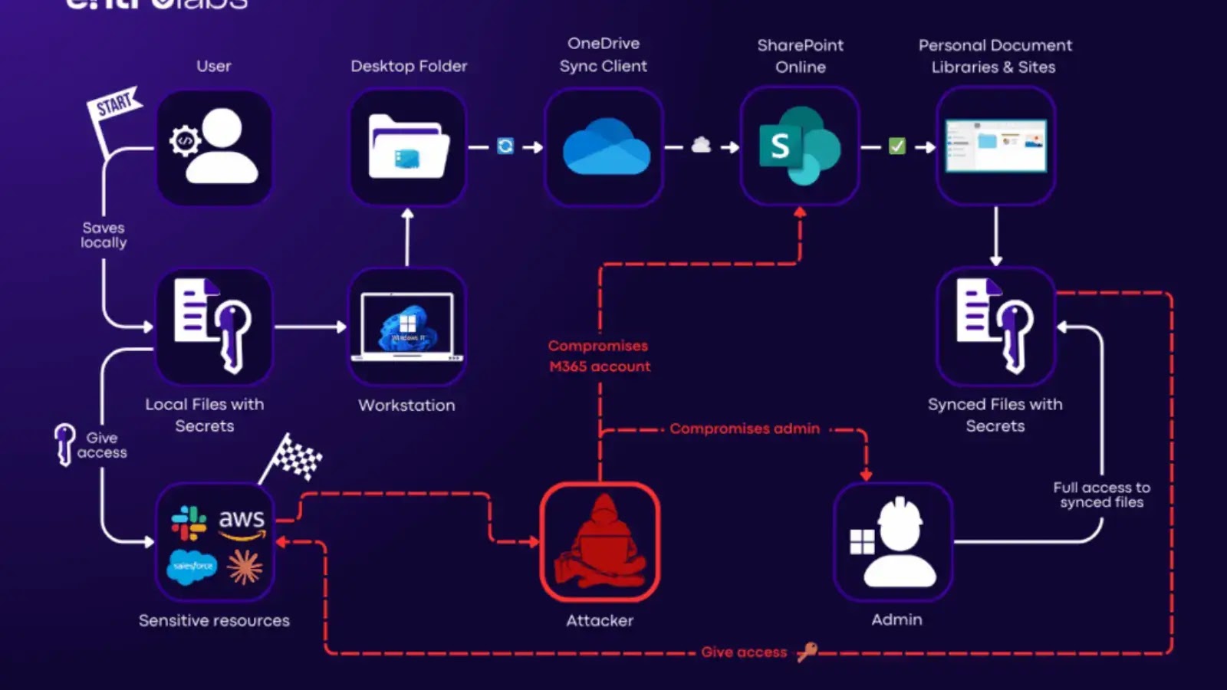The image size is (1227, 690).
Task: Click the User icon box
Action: coord(215,147)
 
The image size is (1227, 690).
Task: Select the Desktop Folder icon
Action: coord(408,147)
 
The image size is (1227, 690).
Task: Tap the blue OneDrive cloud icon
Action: coord(605,147)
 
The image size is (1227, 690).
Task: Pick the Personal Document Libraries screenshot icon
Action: coord(995,146)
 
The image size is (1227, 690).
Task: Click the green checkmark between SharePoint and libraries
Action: coord(896,146)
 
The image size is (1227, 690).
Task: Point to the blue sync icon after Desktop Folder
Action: coord(505,146)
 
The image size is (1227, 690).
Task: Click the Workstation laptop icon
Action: coord(407,327)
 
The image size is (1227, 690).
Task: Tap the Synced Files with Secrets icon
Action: coord(995,327)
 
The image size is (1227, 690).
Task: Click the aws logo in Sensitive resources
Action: coord(242,521)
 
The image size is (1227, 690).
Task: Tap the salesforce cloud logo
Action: coord(192,567)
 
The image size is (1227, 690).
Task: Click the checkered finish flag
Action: coord(295,457)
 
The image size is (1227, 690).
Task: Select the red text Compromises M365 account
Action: coord(599,356)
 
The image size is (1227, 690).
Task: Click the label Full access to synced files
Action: coord(1101,495)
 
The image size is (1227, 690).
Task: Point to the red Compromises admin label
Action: coord(745,429)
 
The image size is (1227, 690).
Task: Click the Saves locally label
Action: coord(104,235)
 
